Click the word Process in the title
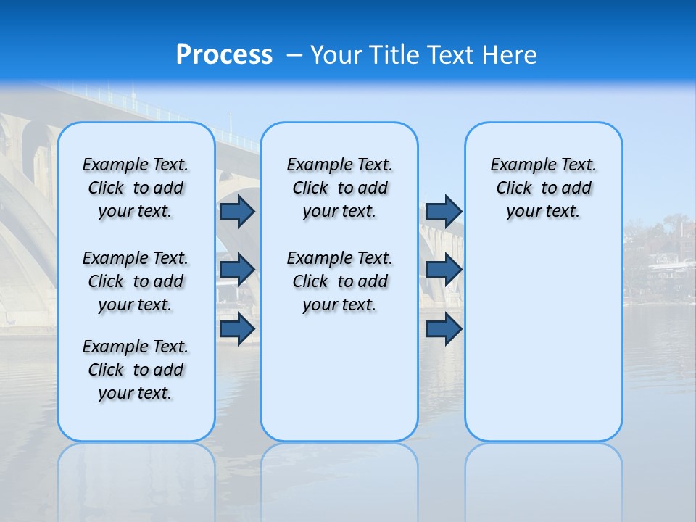click(x=224, y=55)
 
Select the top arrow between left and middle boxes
click(x=237, y=211)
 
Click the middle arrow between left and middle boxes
click(x=237, y=270)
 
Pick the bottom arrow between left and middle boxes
click(x=237, y=328)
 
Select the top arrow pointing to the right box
click(x=444, y=211)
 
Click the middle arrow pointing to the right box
click(x=444, y=270)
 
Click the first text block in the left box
click(x=136, y=188)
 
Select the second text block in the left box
click(x=136, y=281)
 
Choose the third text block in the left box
click(x=136, y=370)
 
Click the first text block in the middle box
click(x=339, y=188)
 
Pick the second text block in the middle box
click(x=339, y=281)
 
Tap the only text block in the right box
click(x=543, y=188)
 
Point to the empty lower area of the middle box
click(x=339, y=377)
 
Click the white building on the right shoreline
click(x=671, y=268)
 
